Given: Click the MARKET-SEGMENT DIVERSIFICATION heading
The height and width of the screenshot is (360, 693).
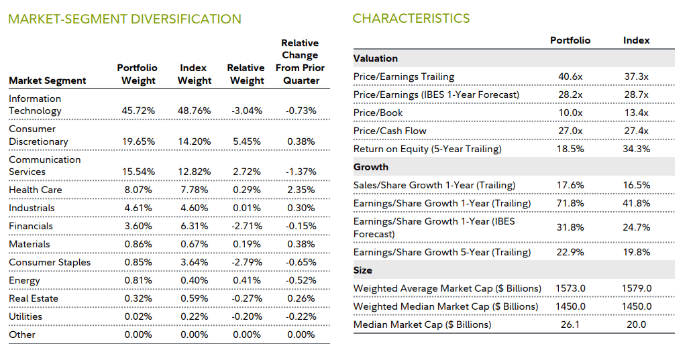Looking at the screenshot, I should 125,19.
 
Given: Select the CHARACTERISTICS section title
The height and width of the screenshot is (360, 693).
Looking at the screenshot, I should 411,19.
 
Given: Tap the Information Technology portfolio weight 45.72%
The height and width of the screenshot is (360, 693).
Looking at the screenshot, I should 140,111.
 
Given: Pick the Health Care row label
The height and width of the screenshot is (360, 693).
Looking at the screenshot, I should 36,190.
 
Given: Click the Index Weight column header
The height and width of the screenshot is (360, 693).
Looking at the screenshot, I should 194,74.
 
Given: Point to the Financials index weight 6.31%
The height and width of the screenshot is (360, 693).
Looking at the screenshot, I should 195,227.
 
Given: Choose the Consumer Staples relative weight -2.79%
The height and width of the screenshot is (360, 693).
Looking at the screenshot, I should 248,263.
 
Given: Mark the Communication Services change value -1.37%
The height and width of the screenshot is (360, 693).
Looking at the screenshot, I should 301,172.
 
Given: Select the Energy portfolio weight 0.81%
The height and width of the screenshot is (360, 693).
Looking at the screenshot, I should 140,281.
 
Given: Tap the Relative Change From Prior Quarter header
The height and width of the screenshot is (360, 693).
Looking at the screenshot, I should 300,62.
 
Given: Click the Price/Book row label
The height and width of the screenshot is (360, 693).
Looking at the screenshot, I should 379,113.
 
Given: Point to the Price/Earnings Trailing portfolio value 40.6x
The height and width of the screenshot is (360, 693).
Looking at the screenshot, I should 570,76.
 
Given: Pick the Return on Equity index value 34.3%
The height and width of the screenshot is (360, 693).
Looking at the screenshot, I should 636,149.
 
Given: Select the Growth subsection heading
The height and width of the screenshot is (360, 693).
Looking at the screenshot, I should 371,167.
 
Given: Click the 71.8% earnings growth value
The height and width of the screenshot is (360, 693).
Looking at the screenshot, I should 570,203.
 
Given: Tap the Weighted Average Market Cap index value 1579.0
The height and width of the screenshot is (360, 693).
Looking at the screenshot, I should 636,289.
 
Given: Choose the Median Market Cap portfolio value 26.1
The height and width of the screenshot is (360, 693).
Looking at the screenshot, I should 570,325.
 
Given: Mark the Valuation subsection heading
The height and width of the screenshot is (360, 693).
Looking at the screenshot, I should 376,58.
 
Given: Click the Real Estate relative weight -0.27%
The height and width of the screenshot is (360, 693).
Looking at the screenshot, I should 248,299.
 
